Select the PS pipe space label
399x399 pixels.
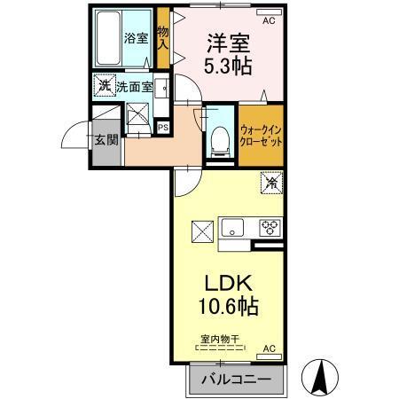coord(162,126)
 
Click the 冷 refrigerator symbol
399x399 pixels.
coord(270,184)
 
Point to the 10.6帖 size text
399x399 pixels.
coord(229,309)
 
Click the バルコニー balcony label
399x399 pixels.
coord(237,379)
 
